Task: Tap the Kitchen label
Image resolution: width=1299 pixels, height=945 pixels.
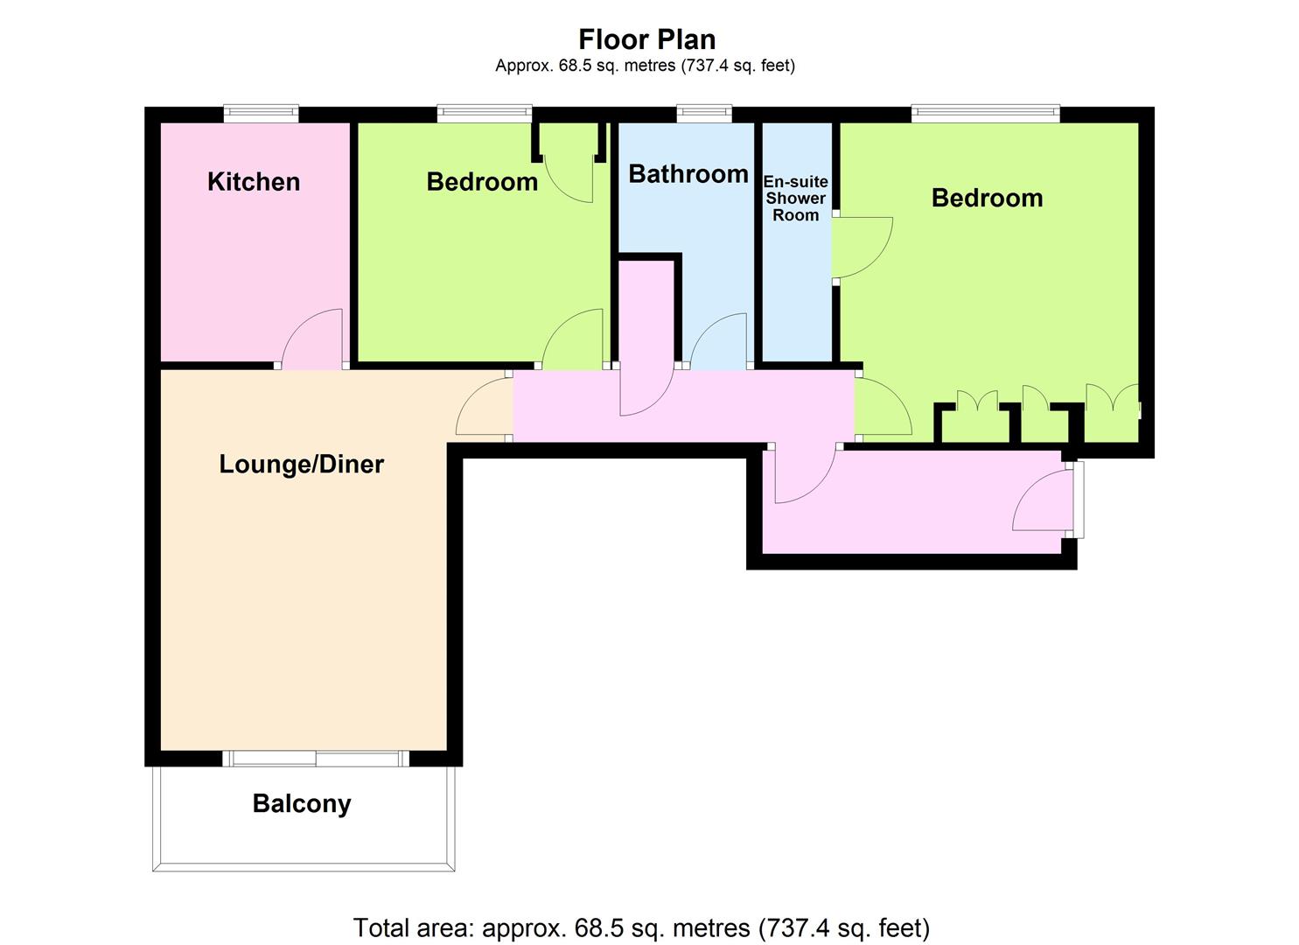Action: click(x=254, y=182)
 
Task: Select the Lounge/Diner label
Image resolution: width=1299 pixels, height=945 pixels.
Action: click(x=301, y=464)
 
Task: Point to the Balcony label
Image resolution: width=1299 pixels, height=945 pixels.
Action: click(x=302, y=804)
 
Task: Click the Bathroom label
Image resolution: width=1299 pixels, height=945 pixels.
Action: click(x=688, y=174)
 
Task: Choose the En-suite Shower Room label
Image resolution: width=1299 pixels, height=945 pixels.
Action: click(x=795, y=199)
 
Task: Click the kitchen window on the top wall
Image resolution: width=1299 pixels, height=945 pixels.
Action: click(x=261, y=113)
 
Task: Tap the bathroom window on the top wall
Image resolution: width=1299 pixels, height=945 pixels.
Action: click(x=704, y=113)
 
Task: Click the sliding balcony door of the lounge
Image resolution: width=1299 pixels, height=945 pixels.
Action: click(x=316, y=759)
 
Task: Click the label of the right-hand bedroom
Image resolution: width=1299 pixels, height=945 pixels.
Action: click(x=987, y=198)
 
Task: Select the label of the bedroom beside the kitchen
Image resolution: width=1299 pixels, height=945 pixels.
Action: click(x=482, y=182)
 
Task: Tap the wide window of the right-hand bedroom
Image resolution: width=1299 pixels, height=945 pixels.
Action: click(x=985, y=113)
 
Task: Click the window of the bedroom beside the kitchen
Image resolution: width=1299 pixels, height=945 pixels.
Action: click(x=485, y=113)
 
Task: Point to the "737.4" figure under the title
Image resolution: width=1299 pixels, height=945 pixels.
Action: click(x=704, y=66)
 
